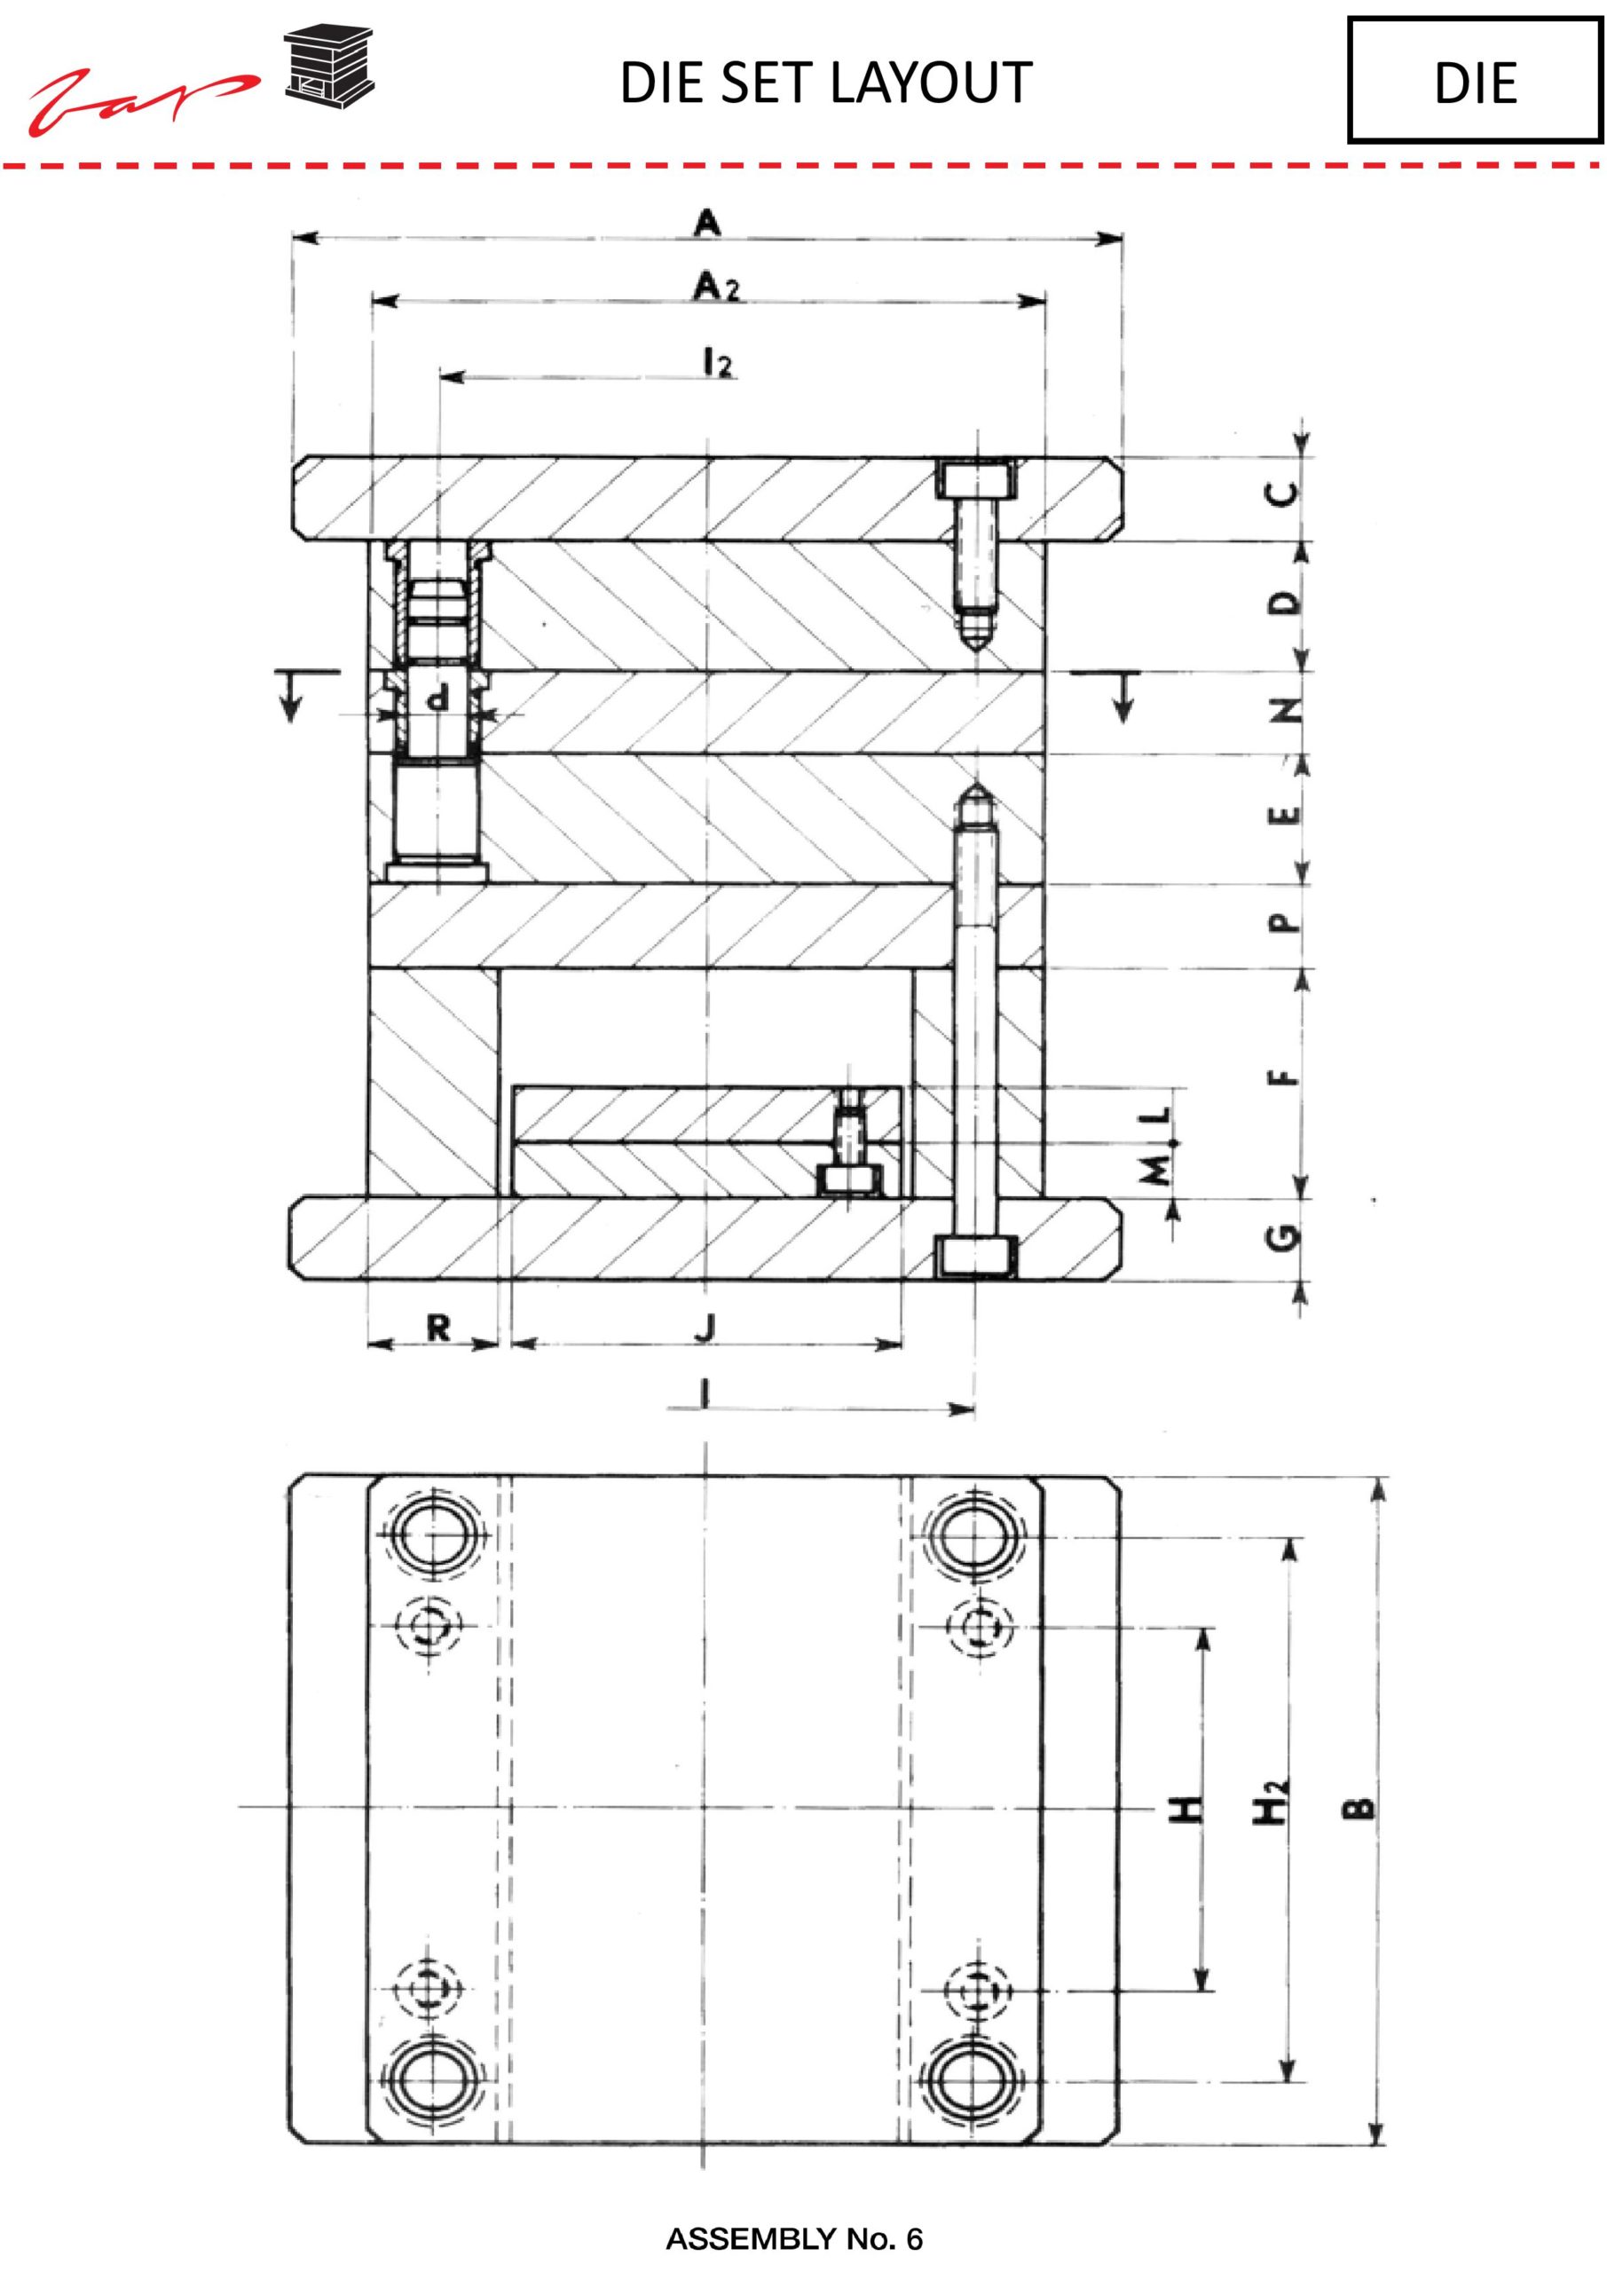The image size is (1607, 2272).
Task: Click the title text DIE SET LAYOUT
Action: point(825,83)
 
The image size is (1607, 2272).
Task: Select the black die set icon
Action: point(329,64)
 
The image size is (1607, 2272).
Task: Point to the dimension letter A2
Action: point(716,287)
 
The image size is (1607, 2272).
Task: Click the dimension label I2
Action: point(717,363)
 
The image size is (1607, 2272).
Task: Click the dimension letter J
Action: point(705,1328)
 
